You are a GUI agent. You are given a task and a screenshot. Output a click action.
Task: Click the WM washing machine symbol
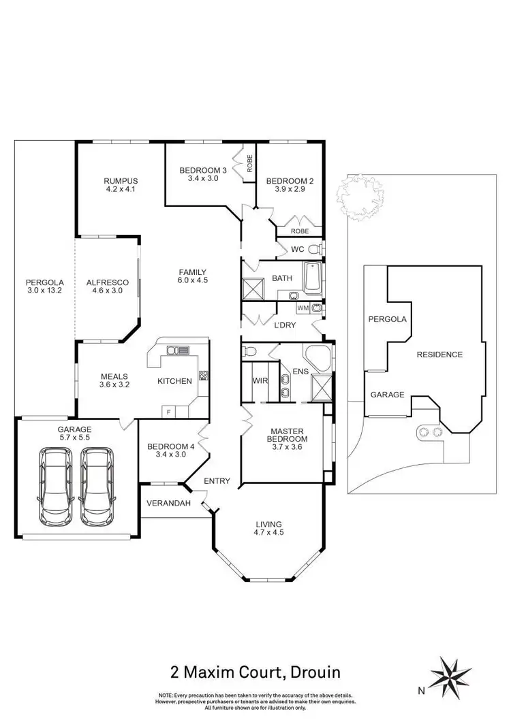(303, 308)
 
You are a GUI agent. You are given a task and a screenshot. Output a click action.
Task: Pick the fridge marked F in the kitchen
(167, 411)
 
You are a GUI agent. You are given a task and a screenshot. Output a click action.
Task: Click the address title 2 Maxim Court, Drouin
(255, 673)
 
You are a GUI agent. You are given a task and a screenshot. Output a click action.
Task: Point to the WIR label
(260, 380)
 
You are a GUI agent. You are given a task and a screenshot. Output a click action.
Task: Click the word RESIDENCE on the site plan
(439, 355)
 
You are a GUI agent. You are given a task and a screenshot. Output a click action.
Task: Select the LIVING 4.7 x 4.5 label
(269, 528)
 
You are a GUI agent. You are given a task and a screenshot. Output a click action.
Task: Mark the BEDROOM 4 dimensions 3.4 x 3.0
(166, 455)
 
